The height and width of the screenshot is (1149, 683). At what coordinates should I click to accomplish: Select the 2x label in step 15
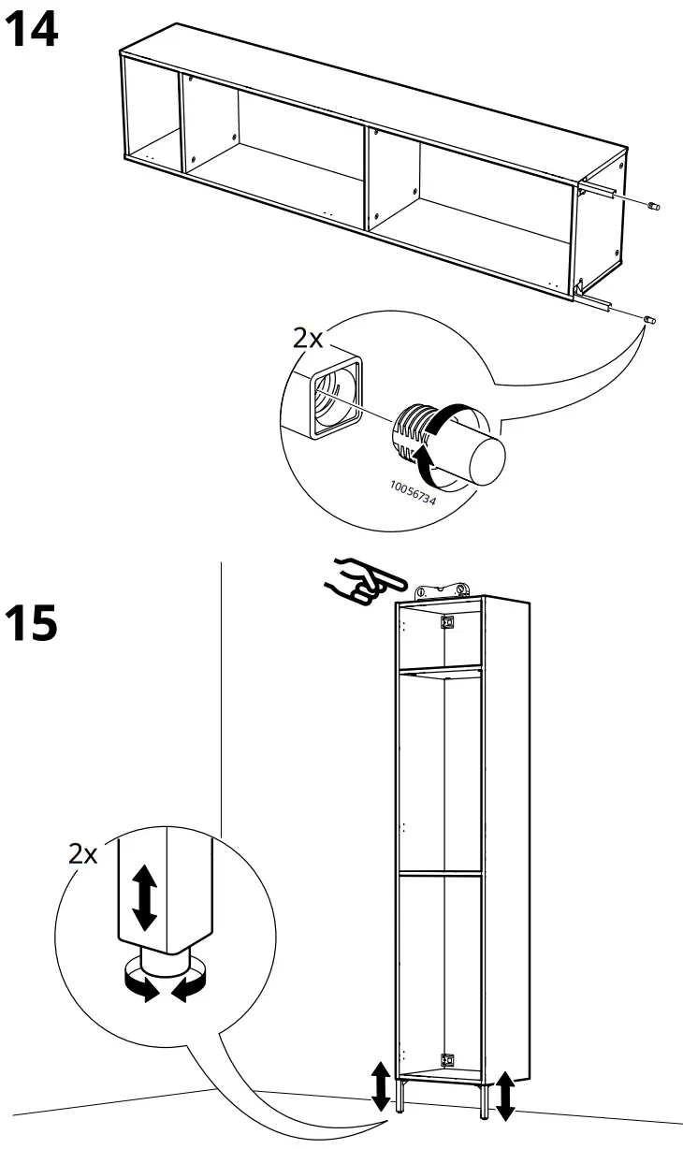[x=83, y=853]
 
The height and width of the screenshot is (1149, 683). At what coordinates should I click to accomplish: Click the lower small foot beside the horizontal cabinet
[x=648, y=321]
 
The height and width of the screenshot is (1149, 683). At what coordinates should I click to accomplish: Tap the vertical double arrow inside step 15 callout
[x=143, y=895]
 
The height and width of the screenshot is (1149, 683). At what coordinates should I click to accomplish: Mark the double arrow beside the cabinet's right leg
[x=504, y=1096]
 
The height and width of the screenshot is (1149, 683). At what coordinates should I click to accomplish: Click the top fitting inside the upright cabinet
[x=448, y=620]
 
